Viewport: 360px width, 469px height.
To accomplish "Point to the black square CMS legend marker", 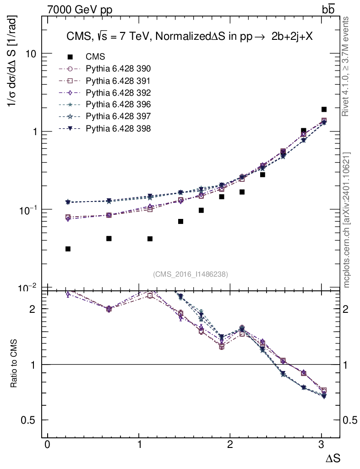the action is pos(70,56).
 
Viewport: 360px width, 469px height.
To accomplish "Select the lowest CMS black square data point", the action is pos(68,249).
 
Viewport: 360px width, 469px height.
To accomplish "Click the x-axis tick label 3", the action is pos(321,444).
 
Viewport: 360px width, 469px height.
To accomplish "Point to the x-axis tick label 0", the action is pos(47,444).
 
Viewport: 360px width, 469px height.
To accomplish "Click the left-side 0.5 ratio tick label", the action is pos(28,420).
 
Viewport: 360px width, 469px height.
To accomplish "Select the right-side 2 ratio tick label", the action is pos(346,309).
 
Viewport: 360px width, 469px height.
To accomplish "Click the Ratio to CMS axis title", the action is pos(14,363).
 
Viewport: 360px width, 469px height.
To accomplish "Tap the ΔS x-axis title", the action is pos(333,458).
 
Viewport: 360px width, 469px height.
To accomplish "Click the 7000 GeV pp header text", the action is pos(80,10).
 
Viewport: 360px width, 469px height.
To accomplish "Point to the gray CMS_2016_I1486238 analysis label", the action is pos(191,274).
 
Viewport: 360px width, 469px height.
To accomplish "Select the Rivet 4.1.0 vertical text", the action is pos(345,66).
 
